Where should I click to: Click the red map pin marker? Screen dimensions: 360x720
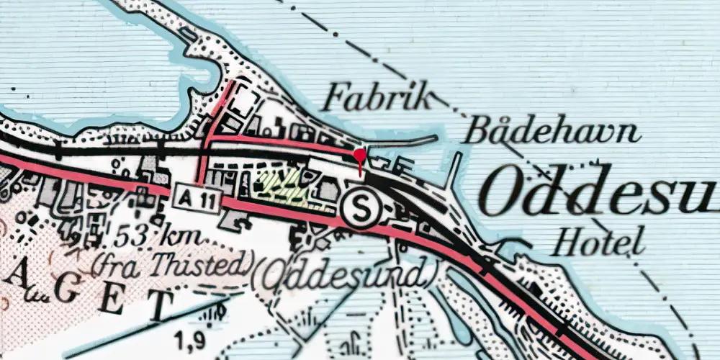pyautogui.click(x=359, y=156)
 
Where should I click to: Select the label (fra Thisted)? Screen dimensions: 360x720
pyautogui.click(x=168, y=266)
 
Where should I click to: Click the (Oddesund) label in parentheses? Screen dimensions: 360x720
pyautogui.click(x=346, y=272)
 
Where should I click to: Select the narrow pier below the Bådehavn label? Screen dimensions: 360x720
pyautogui.click(x=454, y=169)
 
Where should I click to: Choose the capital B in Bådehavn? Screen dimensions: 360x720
pyautogui.click(x=476, y=131)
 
